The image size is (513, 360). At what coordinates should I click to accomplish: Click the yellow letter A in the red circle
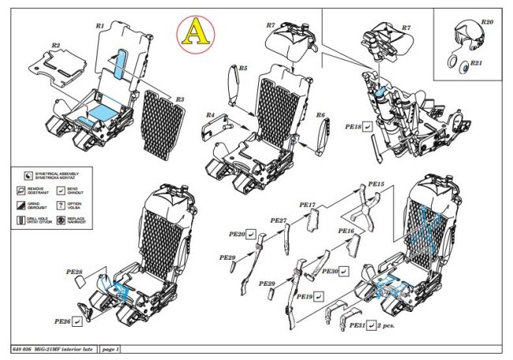(x=192, y=32)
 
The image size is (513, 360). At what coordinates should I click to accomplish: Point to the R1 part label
(x=100, y=26)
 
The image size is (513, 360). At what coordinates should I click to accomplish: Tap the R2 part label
(x=56, y=46)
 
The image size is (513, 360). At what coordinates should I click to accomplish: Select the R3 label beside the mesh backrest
(x=180, y=99)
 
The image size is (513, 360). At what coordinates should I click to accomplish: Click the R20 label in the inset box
(x=486, y=23)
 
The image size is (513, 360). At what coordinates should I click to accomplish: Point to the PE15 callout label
(x=376, y=184)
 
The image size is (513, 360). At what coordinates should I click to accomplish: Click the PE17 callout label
(x=308, y=204)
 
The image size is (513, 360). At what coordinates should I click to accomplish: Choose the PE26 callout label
(x=63, y=321)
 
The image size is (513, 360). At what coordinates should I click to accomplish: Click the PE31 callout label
(x=357, y=325)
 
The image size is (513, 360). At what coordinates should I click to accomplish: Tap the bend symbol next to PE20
(x=251, y=234)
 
